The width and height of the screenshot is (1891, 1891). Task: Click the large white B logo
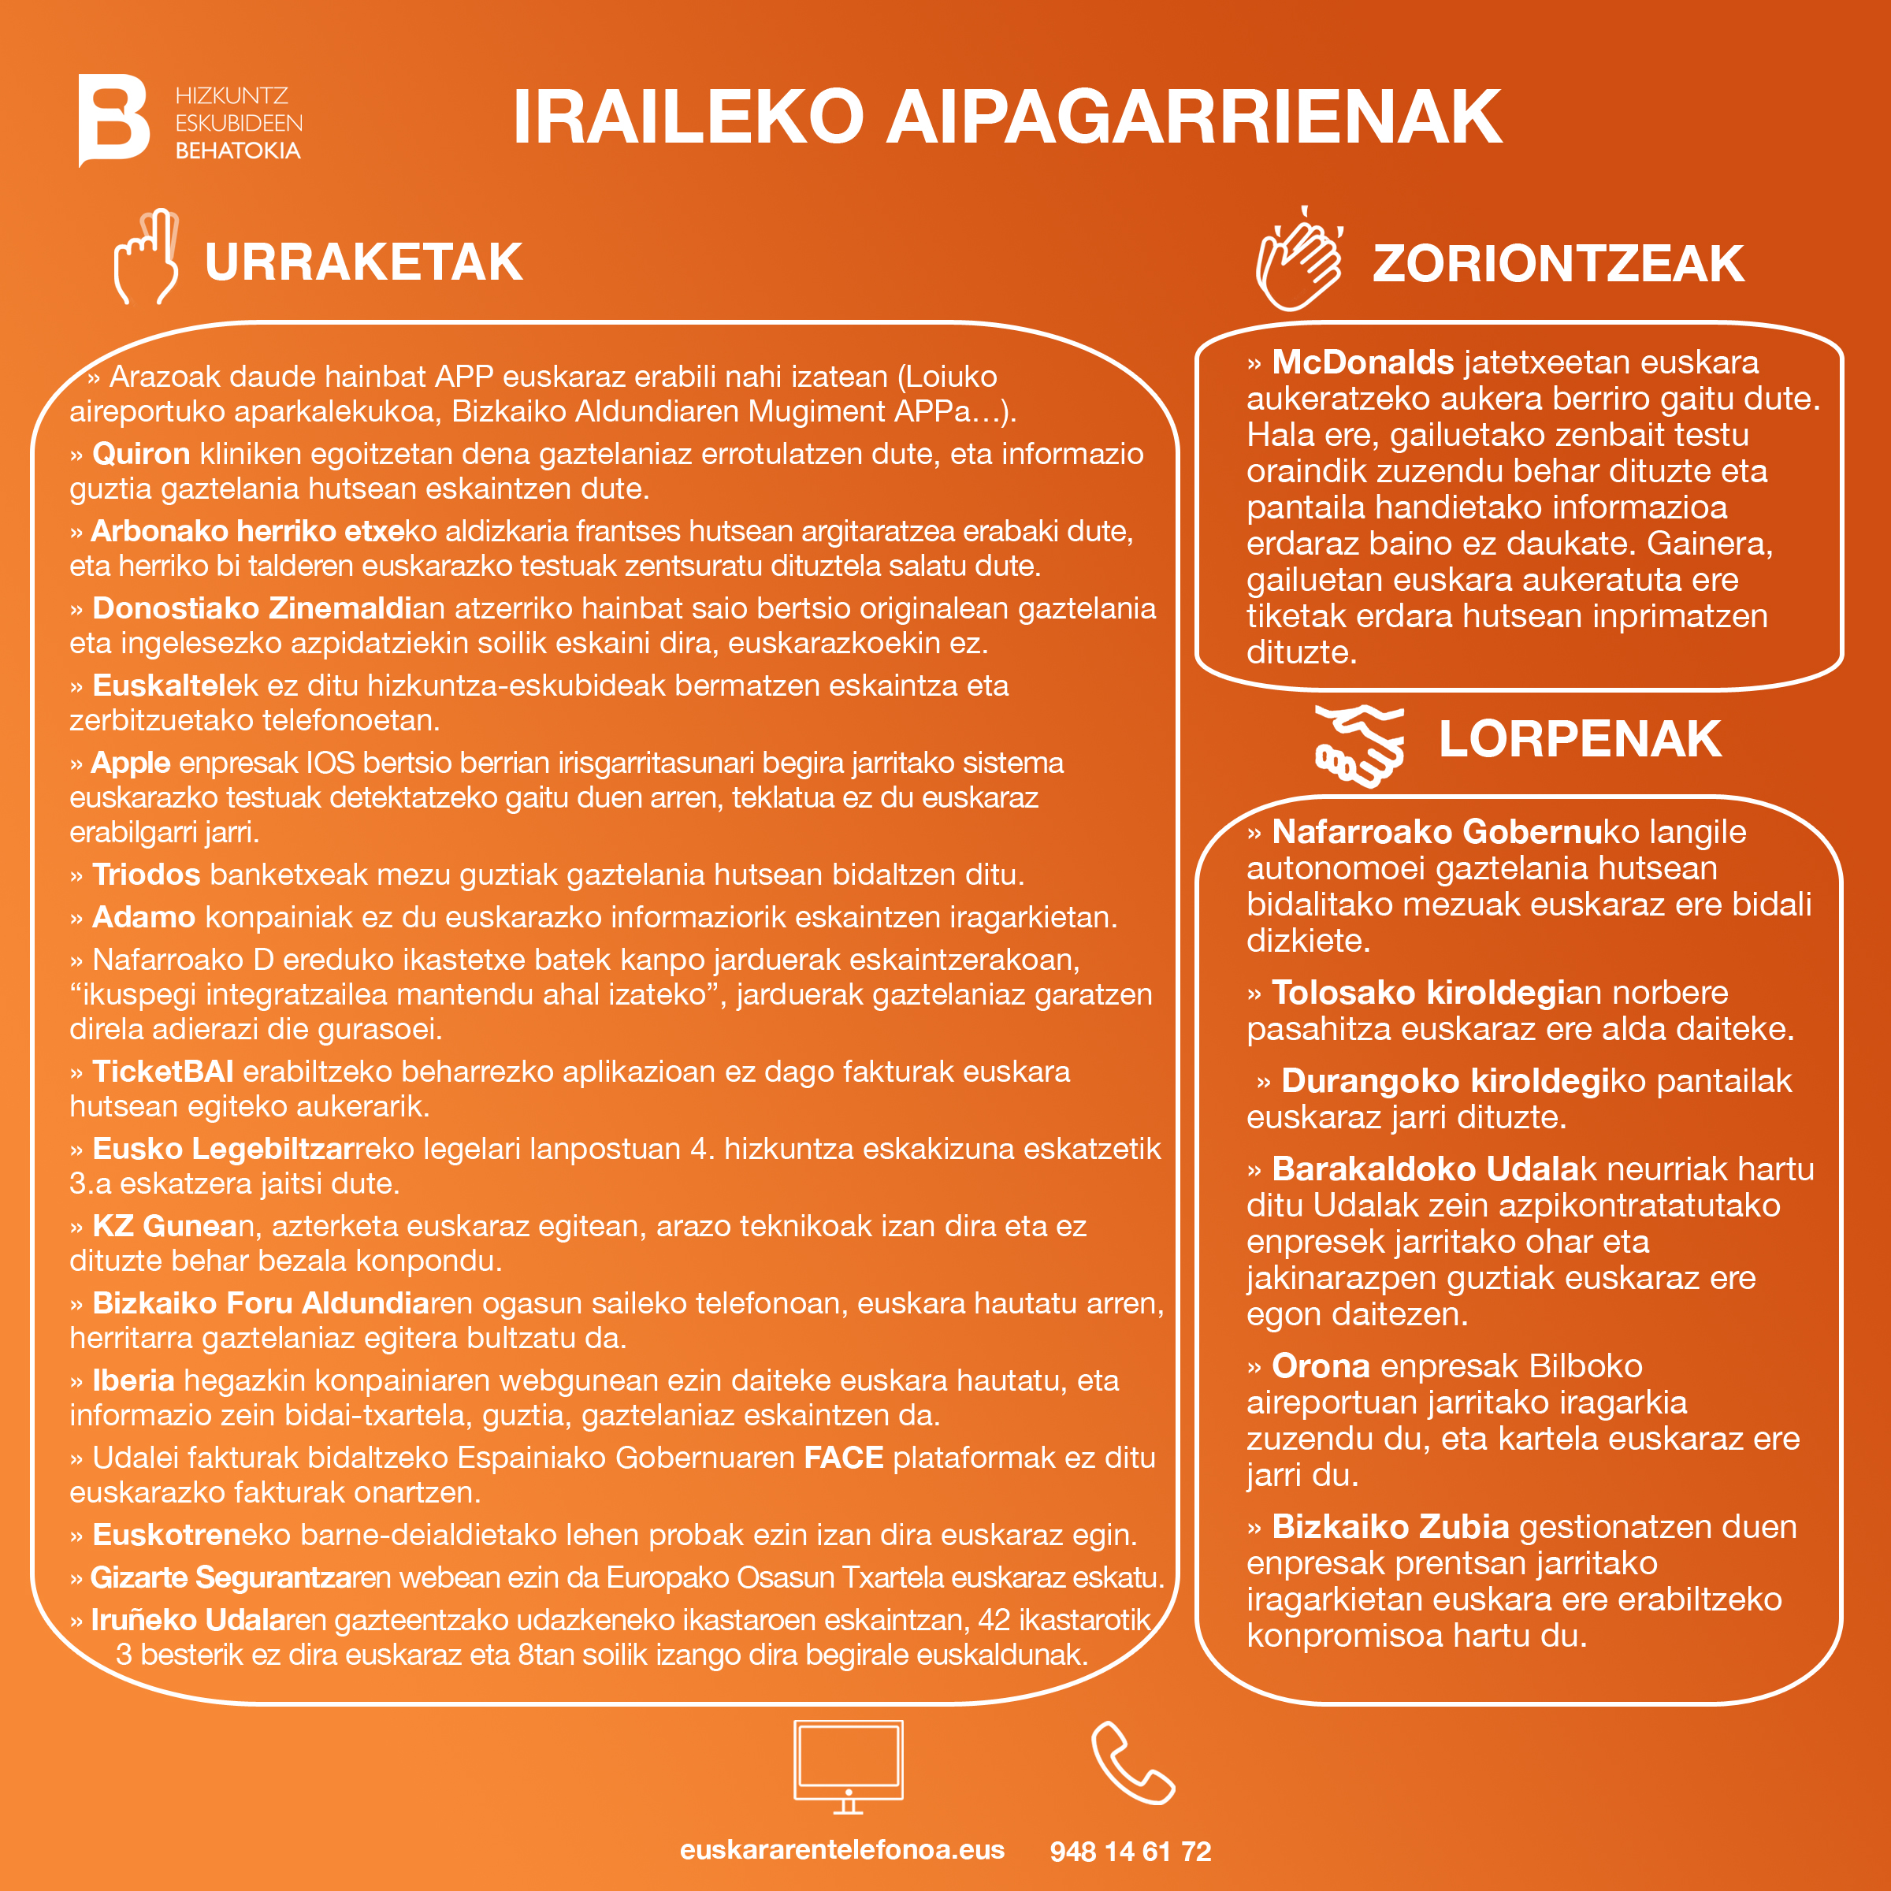coord(113,120)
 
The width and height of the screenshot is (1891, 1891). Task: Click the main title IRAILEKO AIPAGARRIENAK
coord(1006,117)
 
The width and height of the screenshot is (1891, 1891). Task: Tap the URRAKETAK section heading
coord(363,262)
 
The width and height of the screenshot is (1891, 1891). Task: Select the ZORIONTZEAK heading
coord(1557,264)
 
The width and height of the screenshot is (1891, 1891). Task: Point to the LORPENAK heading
coord(1579,739)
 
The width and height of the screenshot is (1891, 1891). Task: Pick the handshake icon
coord(1359,746)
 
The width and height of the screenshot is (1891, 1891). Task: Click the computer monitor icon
coord(848,1766)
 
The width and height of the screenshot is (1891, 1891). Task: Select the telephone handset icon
coord(1131,1764)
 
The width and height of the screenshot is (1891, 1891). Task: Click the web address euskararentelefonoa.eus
coord(841,1850)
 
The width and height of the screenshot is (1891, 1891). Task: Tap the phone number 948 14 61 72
coord(1131,1852)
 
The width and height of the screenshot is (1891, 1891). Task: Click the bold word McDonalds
coord(1362,363)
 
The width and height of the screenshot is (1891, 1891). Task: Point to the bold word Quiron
coord(141,454)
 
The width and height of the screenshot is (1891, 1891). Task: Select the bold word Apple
coord(130,763)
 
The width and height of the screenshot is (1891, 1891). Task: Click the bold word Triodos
coord(146,874)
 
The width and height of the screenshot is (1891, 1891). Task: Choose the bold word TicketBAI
coord(162,1072)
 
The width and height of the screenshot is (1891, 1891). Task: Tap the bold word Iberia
coord(133,1380)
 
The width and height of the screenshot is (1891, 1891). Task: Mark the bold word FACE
coord(844,1458)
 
